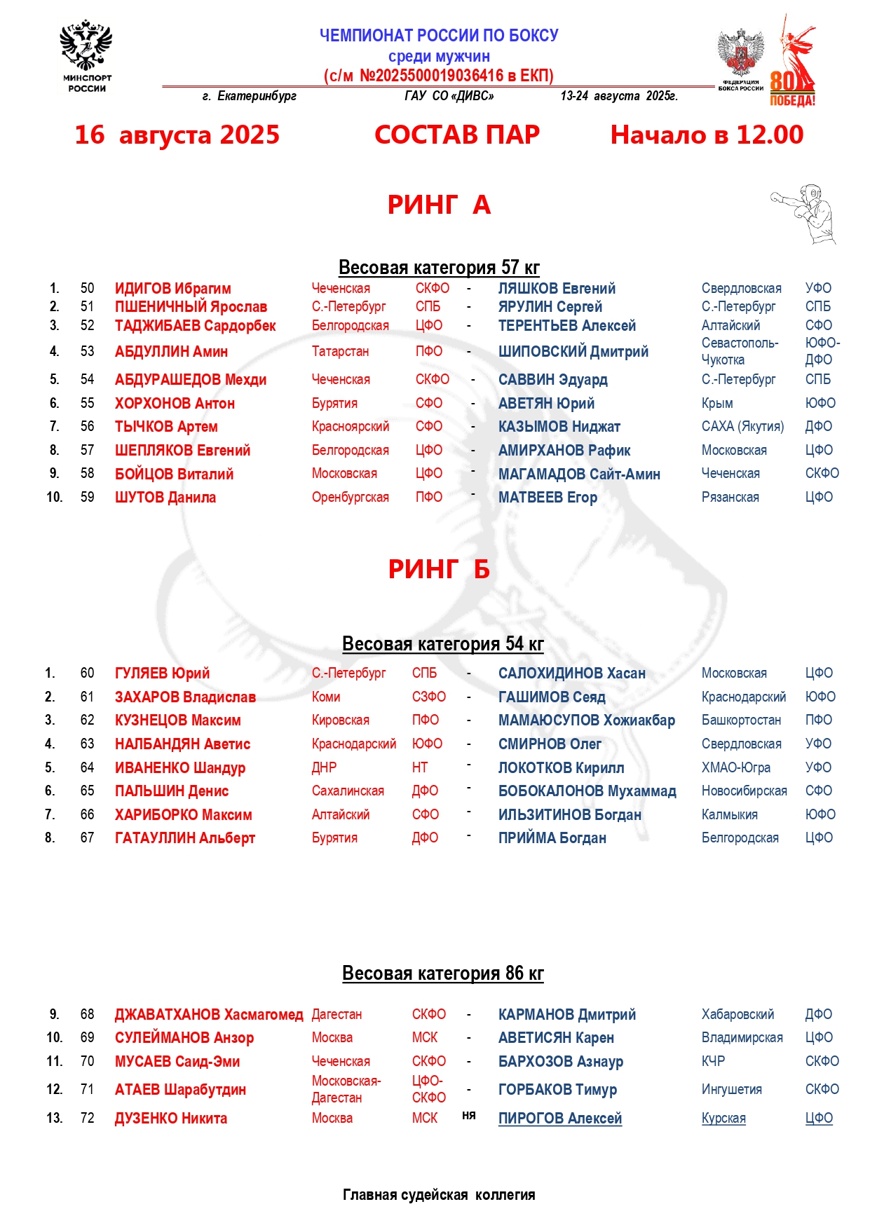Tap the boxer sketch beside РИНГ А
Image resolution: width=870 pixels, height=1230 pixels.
(x=806, y=213)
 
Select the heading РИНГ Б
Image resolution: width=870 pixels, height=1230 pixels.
(x=439, y=569)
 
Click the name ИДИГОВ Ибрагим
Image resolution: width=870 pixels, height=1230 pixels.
(x=172, y=288)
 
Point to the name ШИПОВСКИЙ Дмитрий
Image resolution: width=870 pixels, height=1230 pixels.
(x=573, y=351)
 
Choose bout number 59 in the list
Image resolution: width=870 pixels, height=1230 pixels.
(x=87, y=497)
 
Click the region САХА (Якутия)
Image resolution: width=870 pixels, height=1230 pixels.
(x=742, y=426)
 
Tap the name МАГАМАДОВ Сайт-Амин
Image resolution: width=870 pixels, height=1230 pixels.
(x=578, y=474)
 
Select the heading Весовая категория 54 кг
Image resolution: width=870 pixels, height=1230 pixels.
(x=442, y=643)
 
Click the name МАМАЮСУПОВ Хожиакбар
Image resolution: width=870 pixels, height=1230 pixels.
(x=586, y=720)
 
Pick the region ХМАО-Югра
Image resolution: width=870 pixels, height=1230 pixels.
(x=735, y=767)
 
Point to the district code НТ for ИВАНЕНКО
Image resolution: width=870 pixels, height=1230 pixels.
(x=419, y=767)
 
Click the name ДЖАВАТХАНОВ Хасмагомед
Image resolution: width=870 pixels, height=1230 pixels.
(x=209, y=1014)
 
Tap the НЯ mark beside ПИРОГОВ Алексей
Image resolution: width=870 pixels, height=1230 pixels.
(x=469, y=1115)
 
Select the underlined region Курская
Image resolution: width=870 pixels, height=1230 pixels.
(x=723, y=1118)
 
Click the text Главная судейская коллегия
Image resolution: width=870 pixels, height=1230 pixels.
(x=439, y=1194)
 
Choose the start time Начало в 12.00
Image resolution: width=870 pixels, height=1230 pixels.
(x=707, y=135)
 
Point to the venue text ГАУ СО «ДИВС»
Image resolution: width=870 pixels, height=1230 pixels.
(x=449, y=96)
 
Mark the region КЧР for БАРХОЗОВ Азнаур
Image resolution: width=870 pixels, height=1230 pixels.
(x=713, y=1061)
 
